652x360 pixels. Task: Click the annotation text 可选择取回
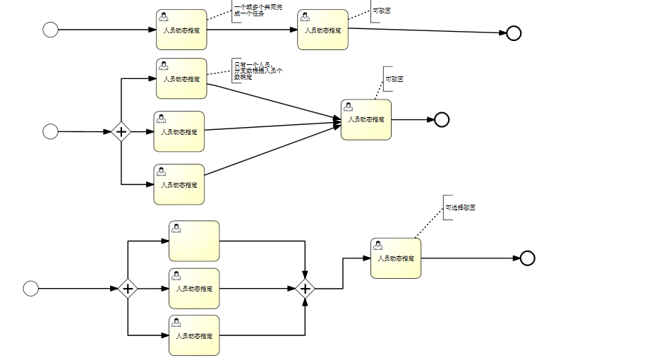tap(460, 208)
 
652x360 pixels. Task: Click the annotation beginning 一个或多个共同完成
tap(249, 11)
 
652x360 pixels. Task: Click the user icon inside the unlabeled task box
tap(176, 228)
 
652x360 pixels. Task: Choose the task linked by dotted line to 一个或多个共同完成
tap(181, 30)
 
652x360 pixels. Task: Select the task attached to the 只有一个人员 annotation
tap(181, 78)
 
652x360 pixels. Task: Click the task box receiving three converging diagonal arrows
tap(366, 120)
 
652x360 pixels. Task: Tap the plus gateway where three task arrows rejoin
tap(305, 288)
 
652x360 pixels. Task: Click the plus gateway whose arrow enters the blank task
tap(128, 288)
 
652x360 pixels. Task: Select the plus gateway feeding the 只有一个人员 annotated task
tap(121, 131)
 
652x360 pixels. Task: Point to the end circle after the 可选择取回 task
tap(527, 258)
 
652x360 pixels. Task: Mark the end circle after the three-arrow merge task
tap(442, 119)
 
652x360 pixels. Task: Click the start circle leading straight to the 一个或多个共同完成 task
tap(50, 30)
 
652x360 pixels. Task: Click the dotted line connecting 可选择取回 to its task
tap(428, 224)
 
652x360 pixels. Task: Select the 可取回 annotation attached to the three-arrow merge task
tap(394, 79)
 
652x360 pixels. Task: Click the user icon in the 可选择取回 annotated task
tap(378, 245)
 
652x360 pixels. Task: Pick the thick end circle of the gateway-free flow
tap(514, 33)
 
